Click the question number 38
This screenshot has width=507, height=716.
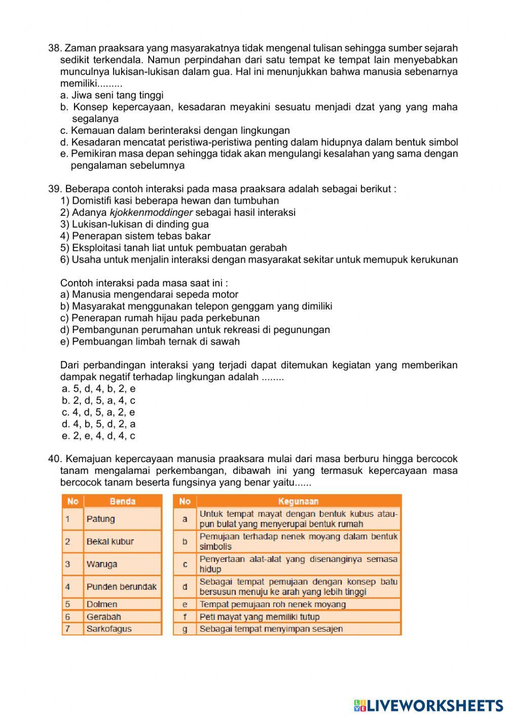point(54,48)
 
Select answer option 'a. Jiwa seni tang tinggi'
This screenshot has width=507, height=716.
point(112,95)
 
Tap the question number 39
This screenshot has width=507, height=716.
point(54,189)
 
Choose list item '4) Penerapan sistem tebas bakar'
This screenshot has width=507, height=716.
point(135,236)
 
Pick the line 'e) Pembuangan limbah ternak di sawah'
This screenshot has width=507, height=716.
point(150,342)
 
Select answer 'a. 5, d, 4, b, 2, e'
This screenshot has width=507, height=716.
point(98,389)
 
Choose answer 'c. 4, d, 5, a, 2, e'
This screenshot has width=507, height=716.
point(98,412)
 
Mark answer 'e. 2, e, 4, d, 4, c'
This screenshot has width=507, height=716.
point(98,436)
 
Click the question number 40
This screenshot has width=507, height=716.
point(54,459)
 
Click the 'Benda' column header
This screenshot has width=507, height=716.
point(122,501)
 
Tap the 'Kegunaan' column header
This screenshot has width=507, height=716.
point(298,501)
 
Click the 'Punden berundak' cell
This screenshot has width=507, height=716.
point(122,587)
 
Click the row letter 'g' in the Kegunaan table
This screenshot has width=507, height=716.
point(185,629)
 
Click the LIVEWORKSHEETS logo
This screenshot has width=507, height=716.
point(428,705)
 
